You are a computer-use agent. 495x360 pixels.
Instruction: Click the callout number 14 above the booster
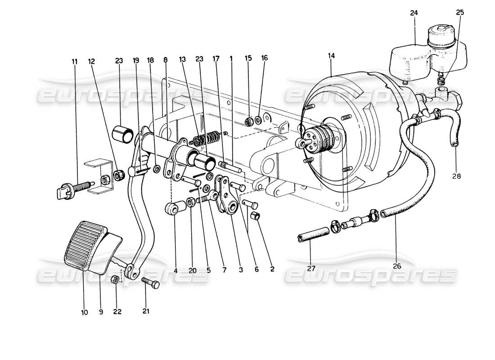[332, 56]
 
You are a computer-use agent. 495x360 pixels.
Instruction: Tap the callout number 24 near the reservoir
[414, 13]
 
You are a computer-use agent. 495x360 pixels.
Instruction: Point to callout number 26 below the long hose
[396, 266]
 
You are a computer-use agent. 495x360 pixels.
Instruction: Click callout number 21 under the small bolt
[146, 311]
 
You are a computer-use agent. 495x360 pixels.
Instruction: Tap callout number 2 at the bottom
[272, 270]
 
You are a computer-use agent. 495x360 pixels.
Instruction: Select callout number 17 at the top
[216, 58]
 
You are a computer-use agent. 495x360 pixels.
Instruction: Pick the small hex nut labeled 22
[115, 279]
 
